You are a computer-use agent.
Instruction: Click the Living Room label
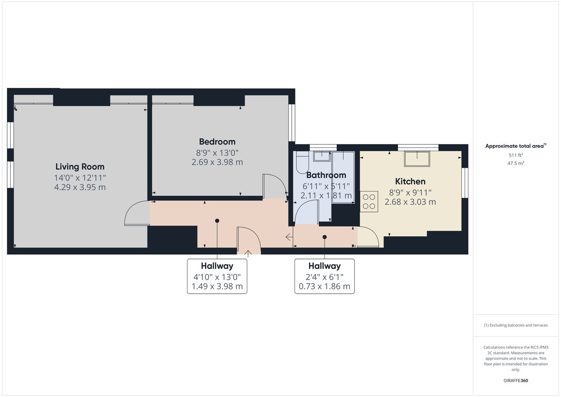click(80, 166)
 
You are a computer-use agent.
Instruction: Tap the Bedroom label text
click(217, 142)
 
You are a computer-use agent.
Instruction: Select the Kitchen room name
click(410, 181)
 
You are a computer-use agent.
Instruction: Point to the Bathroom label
click(326, 175)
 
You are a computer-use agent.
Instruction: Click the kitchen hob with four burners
click(369, 202)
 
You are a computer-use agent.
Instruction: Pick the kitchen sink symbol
click(417, 159)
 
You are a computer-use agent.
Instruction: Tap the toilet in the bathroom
click(302, 162)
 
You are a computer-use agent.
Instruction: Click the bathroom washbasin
click(322, 156)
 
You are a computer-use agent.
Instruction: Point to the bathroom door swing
click(307, 212)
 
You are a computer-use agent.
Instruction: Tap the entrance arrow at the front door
click(248, 253)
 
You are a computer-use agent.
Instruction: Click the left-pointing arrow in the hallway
click(289, 237)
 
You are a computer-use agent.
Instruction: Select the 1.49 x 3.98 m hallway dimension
click(217, 286)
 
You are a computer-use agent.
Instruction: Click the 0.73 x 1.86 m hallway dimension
click(324, 286)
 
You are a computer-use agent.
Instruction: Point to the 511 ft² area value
click(516, 155)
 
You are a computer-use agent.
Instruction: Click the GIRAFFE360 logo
click(516, 381)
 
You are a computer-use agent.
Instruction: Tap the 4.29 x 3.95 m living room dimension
click(80, 187)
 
